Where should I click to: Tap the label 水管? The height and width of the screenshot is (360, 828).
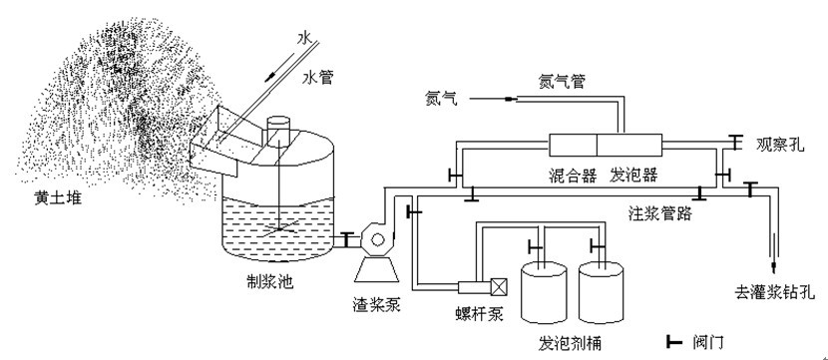pyautogui.click(x=318, y=78)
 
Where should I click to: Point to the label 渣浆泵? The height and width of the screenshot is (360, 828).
pyautogui.click(x=376, y=304)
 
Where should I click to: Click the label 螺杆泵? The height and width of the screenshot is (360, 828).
pyautogui.click(x=479, y=314)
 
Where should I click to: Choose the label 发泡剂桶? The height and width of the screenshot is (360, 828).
pyautogui.click(x=570, y=344)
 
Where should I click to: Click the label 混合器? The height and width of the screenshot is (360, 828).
pyautogui.click(x=573, y=175)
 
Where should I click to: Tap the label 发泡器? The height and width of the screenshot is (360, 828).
pyautogui.click(x=633, y=175)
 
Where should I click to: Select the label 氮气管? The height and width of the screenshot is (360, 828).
pyautogui.click(x=562, y=82)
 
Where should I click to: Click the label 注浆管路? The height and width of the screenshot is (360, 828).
pyautogui.click(x=660, y=213)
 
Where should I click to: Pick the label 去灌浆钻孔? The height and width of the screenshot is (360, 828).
pyautogui.click(x=775, y=291)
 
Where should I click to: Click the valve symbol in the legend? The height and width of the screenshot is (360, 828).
pyautogui.click(x=674, y=343)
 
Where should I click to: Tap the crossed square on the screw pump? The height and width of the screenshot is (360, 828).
pyautogui.click(x=499, y=286)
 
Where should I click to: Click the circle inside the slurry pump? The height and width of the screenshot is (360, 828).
pyautogui.click(x=378, y=240)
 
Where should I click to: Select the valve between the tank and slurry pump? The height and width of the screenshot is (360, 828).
pyautogui.click(x=347, y=239)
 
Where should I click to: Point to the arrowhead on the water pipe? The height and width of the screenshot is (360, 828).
pyautogui.click(x=269, y=77)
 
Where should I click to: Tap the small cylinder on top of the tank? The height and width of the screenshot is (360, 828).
pyautogui.click(x=278, y=130)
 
